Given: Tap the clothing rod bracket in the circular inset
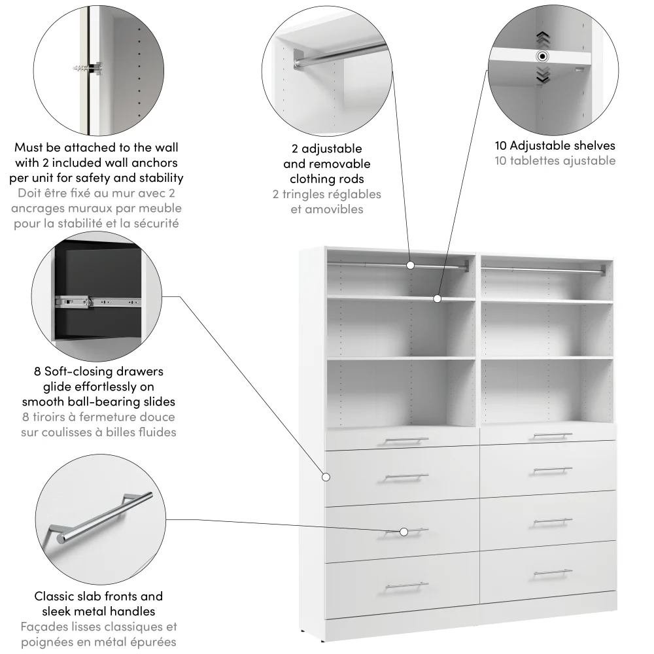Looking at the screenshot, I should [300, 61].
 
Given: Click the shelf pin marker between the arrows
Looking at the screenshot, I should [542, 56].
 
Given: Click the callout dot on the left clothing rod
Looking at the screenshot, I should [410, 265].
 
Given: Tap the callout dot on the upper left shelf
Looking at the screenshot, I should [438, 298].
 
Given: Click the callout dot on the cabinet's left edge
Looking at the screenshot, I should [325, 477].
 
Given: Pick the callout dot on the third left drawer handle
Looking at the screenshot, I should [404, 532].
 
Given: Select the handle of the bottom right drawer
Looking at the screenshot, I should [553, 574].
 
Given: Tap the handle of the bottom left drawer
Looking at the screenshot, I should [406, 585].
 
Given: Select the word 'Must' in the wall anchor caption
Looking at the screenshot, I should [29, 148].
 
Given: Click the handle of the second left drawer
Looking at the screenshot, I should [406, 477].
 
